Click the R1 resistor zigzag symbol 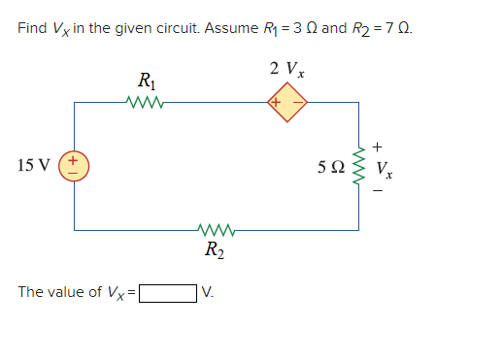coord(144,101)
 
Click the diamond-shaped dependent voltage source coord(287,101)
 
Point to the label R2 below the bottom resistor coord(212,252)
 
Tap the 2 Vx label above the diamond coord(287,69)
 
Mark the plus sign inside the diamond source coord(276,101)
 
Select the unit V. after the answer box coord(206,292)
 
